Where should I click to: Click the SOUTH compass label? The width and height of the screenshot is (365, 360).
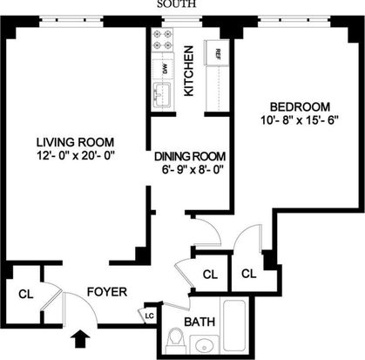(177, 4)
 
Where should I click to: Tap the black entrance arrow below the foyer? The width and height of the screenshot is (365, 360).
(80, 340)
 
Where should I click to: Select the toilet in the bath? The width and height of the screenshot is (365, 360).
(177, 340)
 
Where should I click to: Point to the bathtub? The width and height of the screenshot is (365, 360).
(234, 325)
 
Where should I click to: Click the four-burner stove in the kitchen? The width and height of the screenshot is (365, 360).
(162, 40)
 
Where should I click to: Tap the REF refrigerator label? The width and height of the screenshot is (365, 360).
(218, 54)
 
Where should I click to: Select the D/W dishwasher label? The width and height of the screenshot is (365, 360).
(165, 69)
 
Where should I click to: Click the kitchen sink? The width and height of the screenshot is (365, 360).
(162, 95)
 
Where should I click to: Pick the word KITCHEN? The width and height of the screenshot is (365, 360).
(188, 71)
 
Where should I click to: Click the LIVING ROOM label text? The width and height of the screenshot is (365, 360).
(75, 142)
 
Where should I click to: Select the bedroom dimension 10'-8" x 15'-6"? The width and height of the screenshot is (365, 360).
(300, 120)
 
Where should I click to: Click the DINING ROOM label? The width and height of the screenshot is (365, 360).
(190, 156)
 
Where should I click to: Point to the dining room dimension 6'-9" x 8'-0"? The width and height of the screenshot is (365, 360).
(193, 169)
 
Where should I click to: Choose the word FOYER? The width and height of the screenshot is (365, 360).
(107, 292)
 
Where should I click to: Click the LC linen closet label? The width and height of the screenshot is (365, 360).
(149, 316)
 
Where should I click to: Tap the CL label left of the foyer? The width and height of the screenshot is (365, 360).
(26, 295)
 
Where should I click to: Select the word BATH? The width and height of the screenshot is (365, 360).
(199, 322)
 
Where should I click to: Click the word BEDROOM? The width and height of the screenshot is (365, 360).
(301, 107)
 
